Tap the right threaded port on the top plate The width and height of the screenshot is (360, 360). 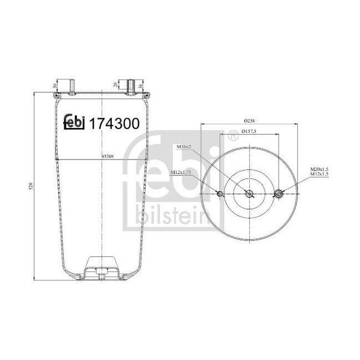tap(131, 86)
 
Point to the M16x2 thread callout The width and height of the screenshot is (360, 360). tap(184, 146)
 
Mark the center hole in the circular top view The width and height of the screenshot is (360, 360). tap(249, 193)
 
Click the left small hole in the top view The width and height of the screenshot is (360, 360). tap(220, 193)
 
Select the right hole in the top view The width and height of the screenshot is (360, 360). tap(279, 193)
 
